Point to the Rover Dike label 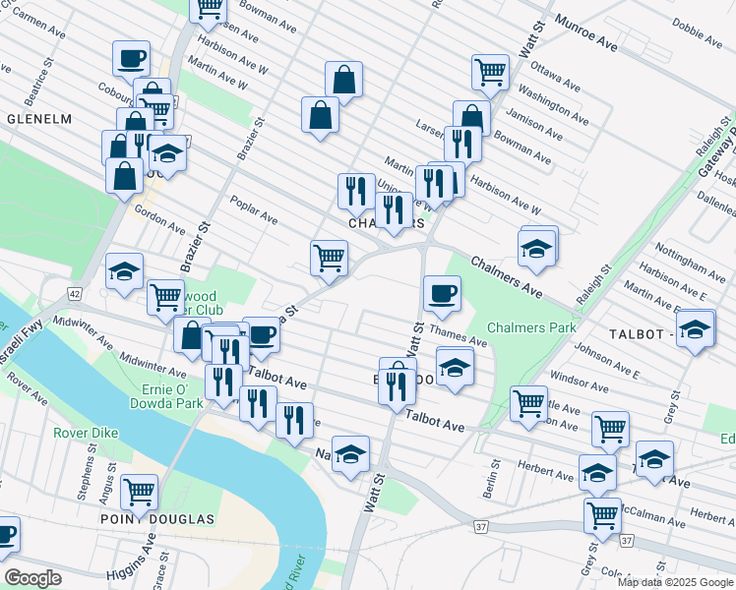point(86,432)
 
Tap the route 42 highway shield point(75,293)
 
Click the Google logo point(33,578)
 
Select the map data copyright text point(675,582)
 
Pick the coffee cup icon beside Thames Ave point(442,292)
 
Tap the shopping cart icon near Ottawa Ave point(490,71)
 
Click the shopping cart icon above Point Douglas point(140,488)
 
